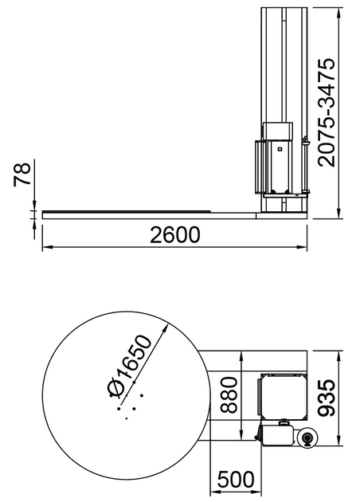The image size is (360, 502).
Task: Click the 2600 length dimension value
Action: click(x=172, y=235)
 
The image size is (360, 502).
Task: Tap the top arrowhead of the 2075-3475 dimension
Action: click(x=342, y=9)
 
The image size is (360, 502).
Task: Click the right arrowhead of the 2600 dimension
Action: click(x=303, y=248)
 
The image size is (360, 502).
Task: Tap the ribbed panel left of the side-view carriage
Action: click(x=257, y=167)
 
